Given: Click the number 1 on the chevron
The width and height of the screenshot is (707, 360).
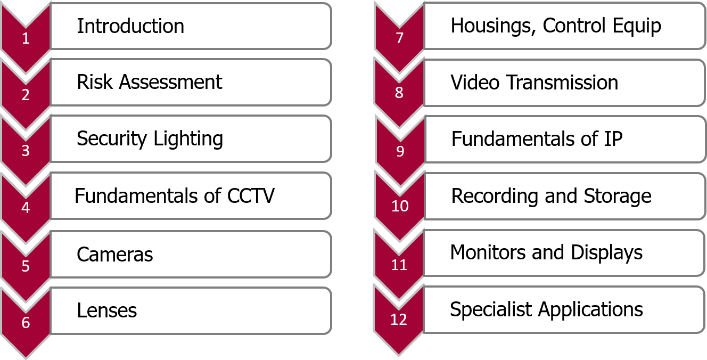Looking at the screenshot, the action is (26, 38).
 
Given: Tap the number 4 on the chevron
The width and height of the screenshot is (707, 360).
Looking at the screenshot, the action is (26, 208).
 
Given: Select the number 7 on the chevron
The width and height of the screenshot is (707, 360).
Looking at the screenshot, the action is (400, 38).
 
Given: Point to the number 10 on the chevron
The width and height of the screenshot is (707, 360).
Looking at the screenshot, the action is (400, 206).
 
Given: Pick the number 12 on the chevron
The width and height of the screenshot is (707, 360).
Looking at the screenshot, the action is (399, 320).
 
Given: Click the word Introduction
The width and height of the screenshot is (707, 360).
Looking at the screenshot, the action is (130, 26).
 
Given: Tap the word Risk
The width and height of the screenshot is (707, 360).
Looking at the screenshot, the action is (95, 82).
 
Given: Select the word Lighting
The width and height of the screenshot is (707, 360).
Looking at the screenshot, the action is (188, 140).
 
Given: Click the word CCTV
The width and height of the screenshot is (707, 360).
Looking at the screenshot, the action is (251, 196).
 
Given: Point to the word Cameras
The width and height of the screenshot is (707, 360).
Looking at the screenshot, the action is (115, 255).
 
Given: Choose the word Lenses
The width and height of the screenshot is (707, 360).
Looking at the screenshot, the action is (107, 310).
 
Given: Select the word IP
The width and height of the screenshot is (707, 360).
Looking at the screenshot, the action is (613, 139).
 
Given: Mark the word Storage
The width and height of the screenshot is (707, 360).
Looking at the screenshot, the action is (618, 197).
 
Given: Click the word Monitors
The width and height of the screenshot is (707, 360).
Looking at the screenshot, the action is (488, 252).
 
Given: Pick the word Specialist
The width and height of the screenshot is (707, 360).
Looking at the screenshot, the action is (491, 310).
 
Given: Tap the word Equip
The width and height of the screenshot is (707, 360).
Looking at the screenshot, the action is (637, 26).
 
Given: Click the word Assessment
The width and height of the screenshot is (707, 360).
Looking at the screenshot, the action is (171, 82).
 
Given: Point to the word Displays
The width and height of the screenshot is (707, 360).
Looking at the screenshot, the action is (606, 253).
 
